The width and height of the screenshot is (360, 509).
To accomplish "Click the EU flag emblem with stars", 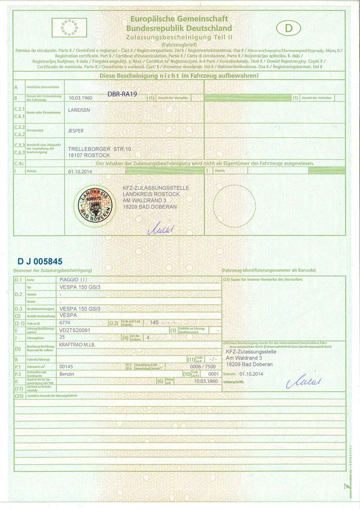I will tap(69, 28).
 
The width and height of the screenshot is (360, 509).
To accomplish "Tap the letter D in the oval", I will tap(289, 28).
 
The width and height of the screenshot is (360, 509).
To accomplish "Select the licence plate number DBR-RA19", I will tap(122, 94).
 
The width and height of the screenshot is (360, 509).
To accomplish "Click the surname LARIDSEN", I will tap(79, 110).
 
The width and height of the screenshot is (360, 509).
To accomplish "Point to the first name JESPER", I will tap(76, 131).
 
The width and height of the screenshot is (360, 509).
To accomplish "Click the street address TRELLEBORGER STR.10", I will tap(100, 149).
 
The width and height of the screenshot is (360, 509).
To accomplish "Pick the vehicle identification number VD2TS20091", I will tap(75, 330).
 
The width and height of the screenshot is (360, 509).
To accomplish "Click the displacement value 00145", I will tap(67, 366).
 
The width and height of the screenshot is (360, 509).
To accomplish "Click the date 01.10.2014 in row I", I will tap(80, 171).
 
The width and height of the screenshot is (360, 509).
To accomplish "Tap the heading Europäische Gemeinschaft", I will tap(179, 19).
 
